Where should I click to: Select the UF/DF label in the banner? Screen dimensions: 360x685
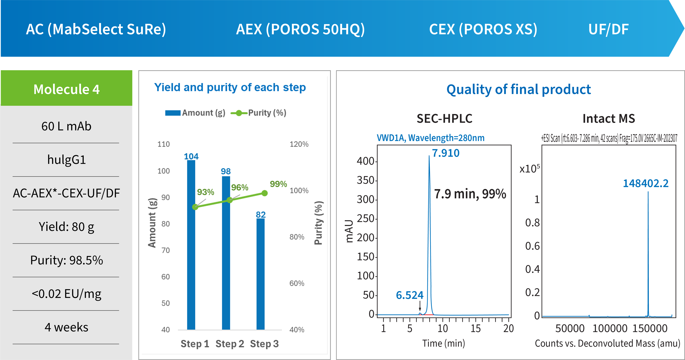(608, 29)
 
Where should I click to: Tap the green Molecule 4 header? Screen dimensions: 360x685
(66, 89)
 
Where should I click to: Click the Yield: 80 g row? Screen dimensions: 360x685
(66, 227)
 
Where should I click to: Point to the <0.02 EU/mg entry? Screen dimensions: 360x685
(66, 294)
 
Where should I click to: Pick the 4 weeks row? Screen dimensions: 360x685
(66, 327)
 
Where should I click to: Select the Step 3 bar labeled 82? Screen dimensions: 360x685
(261, 274)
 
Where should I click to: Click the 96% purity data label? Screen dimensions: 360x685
(240, 187)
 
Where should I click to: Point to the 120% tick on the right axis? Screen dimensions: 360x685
(299, 144)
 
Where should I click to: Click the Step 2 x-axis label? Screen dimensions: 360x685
(230, 344)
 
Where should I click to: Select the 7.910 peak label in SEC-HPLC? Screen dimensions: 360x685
(446, 153)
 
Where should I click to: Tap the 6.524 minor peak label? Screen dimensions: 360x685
(409, 295)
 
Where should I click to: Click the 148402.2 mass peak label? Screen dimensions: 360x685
(646, 183)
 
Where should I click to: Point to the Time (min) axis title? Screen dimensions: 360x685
(444, 343)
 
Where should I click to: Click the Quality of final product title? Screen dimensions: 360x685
(519, 89)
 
